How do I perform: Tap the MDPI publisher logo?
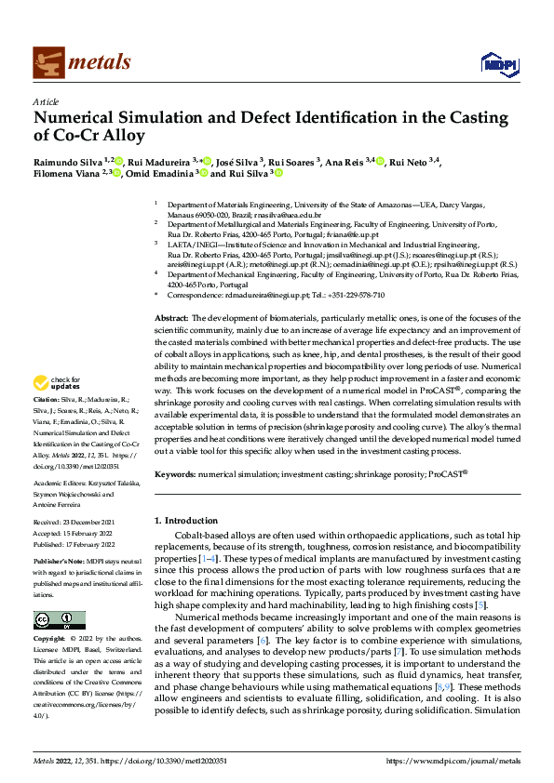(x=498, y=63)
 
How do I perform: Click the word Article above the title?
(x=45, y=101)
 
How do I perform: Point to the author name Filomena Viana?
(x=67, y=173)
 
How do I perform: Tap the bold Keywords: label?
(x=174, y=474)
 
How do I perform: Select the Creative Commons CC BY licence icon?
(x=60, y=620)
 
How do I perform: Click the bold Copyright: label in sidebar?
(x=52, y=641)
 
